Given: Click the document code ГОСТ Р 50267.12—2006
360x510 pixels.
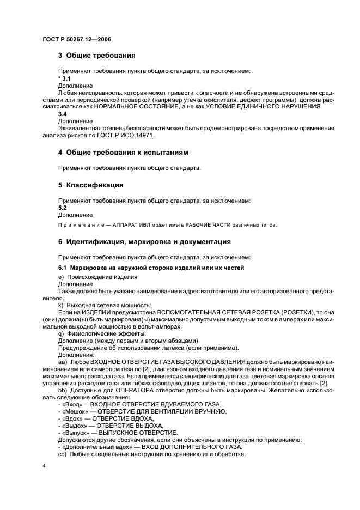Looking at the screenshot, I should point(76,39).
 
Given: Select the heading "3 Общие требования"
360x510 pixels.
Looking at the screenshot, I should point(97,56).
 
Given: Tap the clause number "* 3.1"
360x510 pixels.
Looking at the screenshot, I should point(64,79).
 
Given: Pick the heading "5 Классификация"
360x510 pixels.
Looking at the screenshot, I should point(91,185).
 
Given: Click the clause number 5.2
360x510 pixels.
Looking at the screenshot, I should point(63,208).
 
